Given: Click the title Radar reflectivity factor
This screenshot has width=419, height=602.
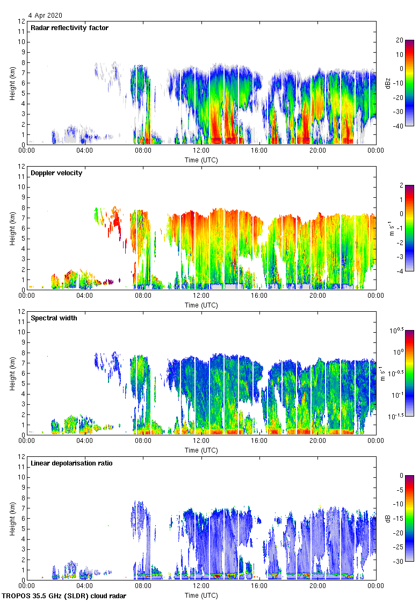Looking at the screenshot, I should point(69,28).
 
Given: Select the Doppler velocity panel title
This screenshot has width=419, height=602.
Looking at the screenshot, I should point(56,173).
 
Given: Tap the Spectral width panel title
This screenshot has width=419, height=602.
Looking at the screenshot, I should point(54,318).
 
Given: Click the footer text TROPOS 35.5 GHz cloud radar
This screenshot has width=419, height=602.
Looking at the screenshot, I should point(64,596).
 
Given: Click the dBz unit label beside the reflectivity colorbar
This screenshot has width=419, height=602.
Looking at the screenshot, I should point(388,83).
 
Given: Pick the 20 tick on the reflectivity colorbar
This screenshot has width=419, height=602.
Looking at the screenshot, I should point(400,40).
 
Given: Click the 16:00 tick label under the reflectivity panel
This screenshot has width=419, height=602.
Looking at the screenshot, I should point(259,150).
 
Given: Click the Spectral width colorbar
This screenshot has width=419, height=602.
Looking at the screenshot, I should point(409,381).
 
